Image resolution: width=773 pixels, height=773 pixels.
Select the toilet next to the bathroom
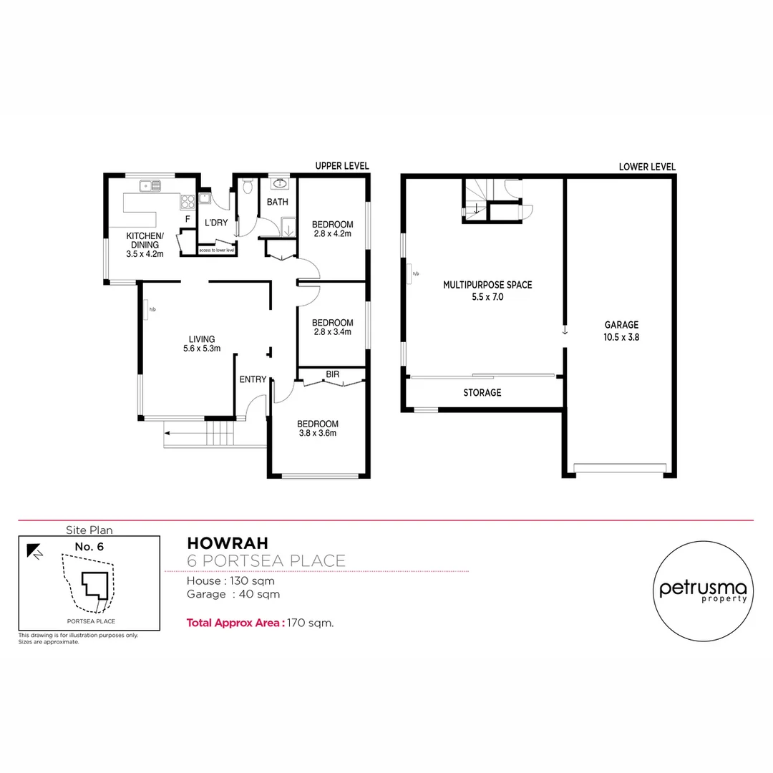point(248,188)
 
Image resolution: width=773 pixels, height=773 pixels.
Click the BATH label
point(278,202)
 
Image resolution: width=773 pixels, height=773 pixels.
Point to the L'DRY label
point(216,223)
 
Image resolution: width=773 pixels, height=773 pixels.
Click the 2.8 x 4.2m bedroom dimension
point(332,233)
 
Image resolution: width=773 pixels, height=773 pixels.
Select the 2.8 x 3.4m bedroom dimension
point(332,331)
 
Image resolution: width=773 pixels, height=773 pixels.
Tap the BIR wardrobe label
point(332,374)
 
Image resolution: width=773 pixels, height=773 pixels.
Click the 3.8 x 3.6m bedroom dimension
point(318,433)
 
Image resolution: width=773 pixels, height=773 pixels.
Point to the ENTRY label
point(253,379)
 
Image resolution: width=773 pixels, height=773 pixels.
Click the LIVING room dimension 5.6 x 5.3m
point(201,349)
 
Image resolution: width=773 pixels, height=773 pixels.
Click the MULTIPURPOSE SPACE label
point(487,284)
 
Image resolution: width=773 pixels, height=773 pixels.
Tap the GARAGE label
point(621,324)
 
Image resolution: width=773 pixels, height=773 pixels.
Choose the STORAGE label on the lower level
point(482,392)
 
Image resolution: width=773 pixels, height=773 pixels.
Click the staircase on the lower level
point(475,199)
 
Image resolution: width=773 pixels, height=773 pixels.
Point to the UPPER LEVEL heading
point(342,166)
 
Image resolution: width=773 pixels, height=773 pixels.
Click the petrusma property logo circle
point(704,589)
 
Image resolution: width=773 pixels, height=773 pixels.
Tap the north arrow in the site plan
point(34,550)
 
